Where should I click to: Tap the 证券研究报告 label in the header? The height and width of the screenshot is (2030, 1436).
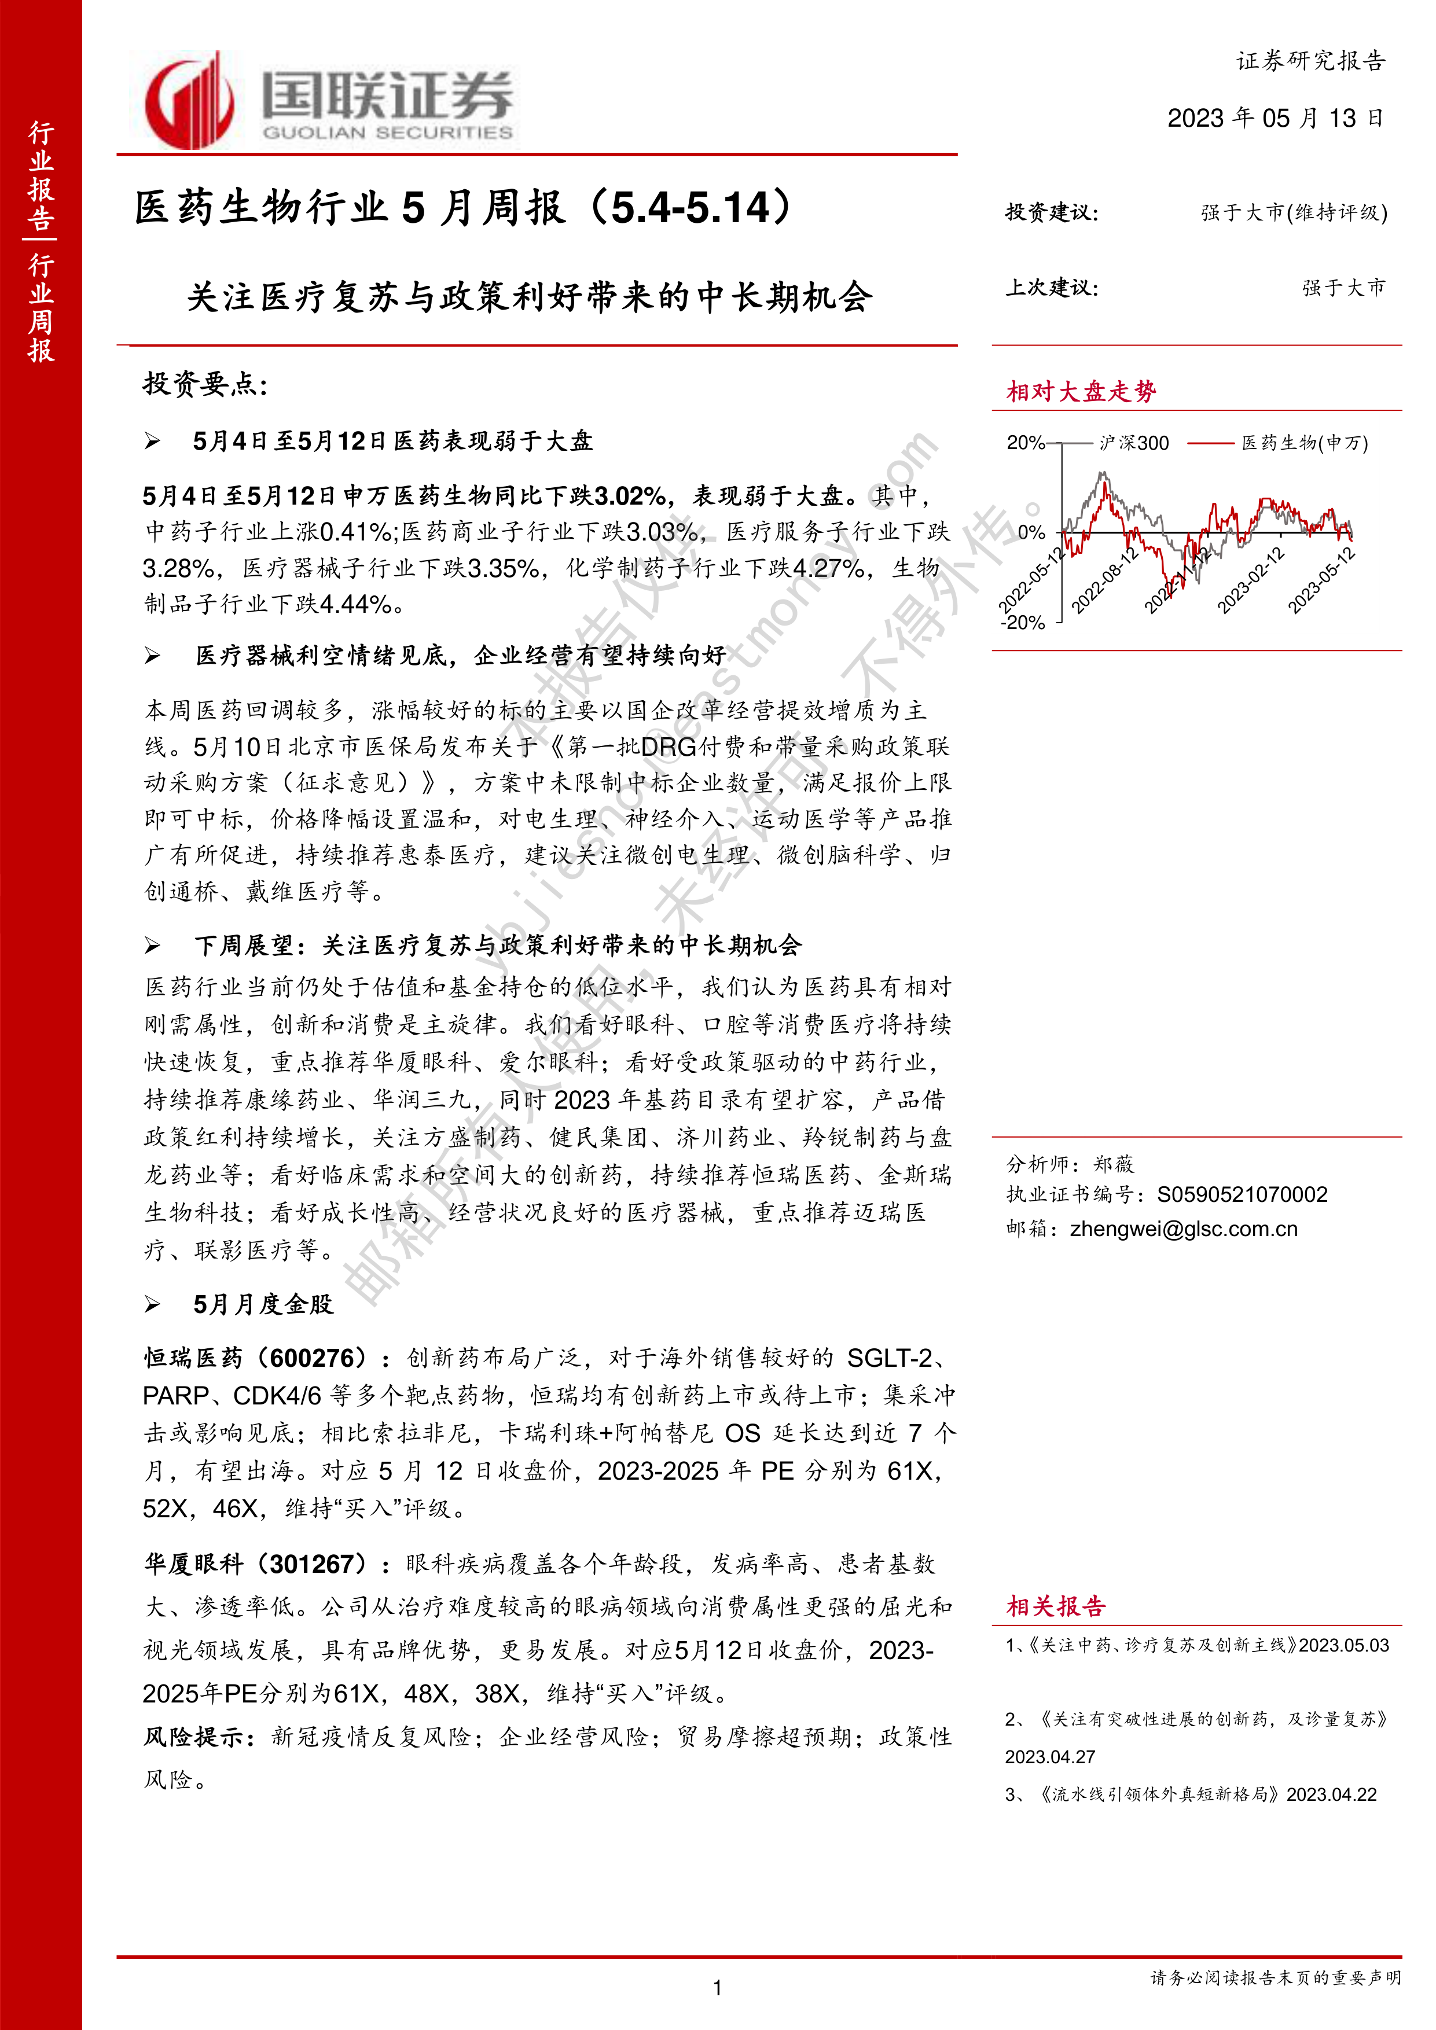point(1310,61)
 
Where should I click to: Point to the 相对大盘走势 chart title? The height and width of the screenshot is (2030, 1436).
point(1081,392)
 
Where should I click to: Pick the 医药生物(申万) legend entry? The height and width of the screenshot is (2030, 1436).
point(1304,443)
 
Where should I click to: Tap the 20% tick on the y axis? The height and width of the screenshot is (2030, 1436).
point(1025,443)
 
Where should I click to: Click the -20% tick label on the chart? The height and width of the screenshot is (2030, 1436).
point(1023,623)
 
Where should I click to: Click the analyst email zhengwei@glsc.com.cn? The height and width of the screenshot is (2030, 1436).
point(1183,1229)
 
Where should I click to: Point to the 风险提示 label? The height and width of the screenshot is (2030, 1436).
point(194,1737)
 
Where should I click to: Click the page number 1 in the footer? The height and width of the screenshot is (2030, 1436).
point(717,1988)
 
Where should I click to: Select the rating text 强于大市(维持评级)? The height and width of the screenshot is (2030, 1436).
point(1294,212)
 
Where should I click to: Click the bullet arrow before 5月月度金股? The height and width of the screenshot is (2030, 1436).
point(153,1305)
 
